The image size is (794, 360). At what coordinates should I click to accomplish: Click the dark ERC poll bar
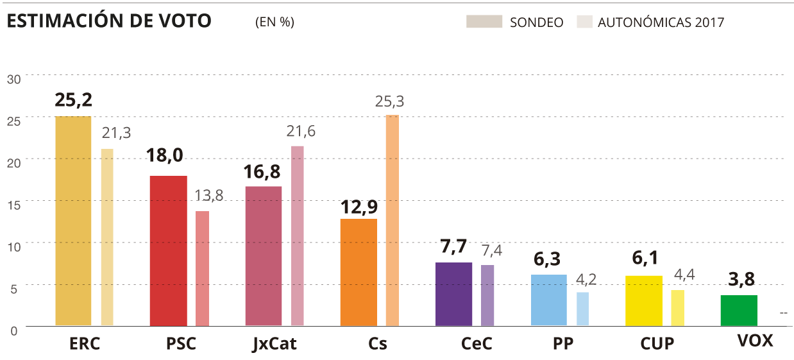[72, 221]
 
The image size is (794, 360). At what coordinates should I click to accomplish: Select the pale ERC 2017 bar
[107, 237]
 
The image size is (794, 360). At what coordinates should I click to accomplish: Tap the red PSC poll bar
[168, 250]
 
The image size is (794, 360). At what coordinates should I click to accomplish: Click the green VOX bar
[739, 310]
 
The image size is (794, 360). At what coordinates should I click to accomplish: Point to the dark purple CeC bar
[453, 294]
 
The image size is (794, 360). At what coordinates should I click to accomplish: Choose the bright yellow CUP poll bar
[644, 300]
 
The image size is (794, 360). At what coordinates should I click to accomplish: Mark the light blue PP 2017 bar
[582, 309]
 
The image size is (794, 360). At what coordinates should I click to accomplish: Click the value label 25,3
[390, 101]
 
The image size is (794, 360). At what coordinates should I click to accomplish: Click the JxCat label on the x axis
[275, 344]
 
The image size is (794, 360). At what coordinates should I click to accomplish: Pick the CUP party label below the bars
[657, 344]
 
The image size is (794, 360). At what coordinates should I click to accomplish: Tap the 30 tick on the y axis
[14, 79]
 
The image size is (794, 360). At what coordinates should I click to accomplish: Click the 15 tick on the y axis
[14, 204]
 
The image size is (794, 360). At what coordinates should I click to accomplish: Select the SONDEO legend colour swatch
[484, 22]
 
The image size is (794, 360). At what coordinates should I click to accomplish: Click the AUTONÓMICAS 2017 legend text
[661, 22]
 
